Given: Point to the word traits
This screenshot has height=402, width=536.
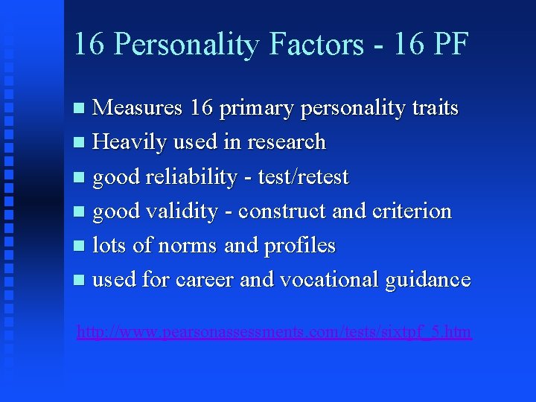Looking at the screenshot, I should pos(435,107).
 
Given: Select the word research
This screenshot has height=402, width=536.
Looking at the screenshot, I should pos(288,141).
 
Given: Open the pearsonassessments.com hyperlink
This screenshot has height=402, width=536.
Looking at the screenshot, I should pos(274,331).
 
